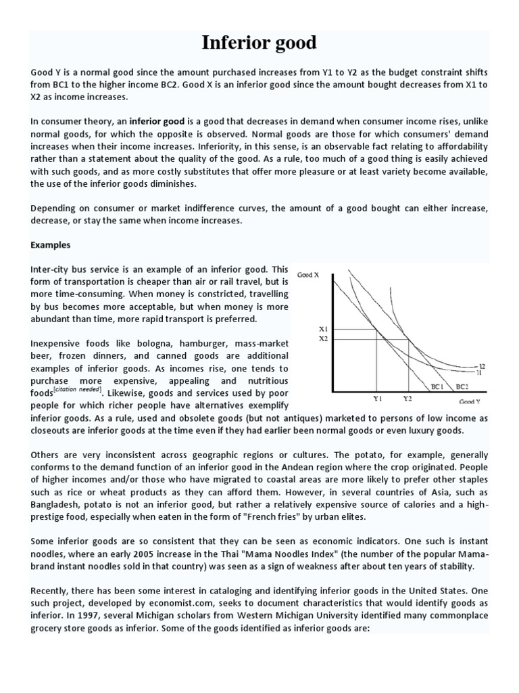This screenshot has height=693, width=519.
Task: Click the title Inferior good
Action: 259,43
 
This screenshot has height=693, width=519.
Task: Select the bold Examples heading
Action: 51,244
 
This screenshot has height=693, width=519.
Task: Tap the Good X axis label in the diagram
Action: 309,275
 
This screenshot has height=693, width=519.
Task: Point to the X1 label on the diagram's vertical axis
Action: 323,329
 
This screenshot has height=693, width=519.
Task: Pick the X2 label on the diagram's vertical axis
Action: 323,338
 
